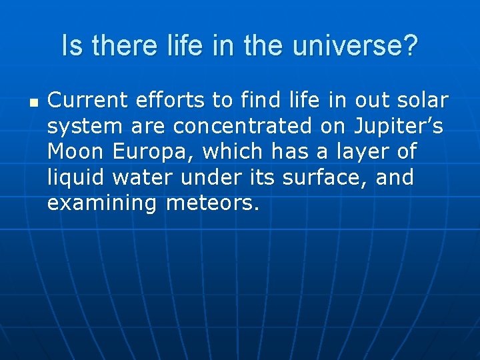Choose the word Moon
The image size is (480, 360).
(75, 152)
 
